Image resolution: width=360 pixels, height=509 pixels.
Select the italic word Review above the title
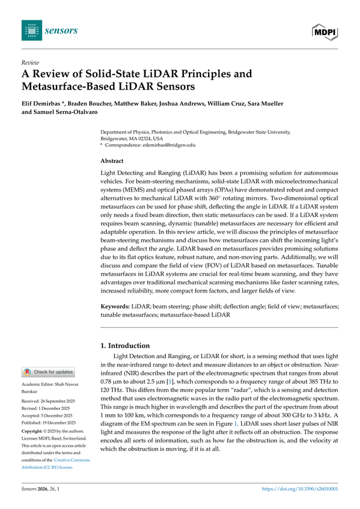point(30,63)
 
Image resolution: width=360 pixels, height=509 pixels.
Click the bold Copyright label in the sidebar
point(36,431)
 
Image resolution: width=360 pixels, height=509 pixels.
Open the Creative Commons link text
point(62,459)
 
